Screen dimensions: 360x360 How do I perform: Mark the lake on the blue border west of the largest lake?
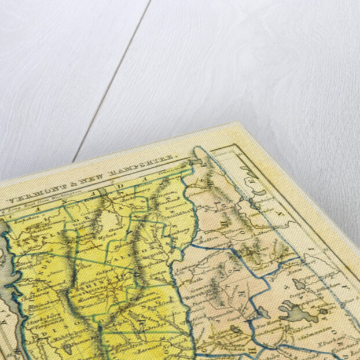[262, 313]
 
